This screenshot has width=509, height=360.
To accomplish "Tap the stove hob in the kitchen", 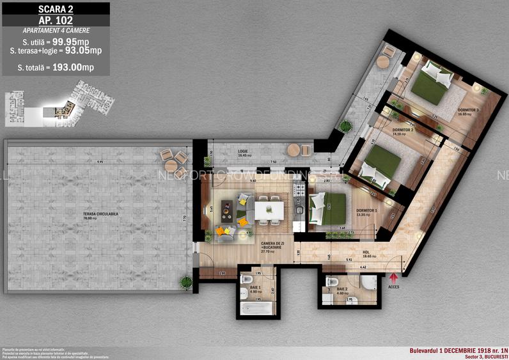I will tap(297, 190).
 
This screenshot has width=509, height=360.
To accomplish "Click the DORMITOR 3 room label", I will tap(467, 110).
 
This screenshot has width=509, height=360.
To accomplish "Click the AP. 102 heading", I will tap(56, 20).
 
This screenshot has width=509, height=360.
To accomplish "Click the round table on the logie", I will tap(294, 150).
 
